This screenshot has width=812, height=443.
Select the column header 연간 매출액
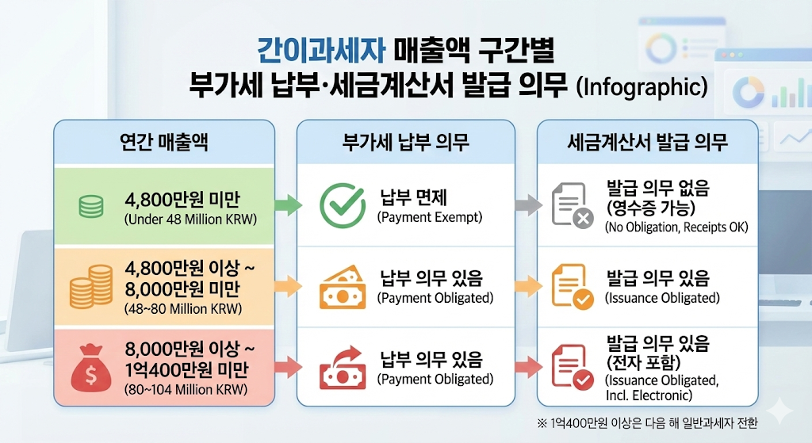click(x=163, y=143)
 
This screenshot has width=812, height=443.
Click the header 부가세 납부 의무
click(x=405, y=143)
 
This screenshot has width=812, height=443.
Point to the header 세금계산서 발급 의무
click(x=647, y=143)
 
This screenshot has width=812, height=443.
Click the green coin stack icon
click(x=90, y=207)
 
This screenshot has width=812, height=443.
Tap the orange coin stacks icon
click(x=91, y=285)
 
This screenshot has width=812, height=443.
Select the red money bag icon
click(x=90, y=365)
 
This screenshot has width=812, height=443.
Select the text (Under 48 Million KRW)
click(x=191, y=219)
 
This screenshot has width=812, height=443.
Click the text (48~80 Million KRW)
click(x=183, y=308)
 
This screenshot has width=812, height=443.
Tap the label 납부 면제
click(x=413, y=198)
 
